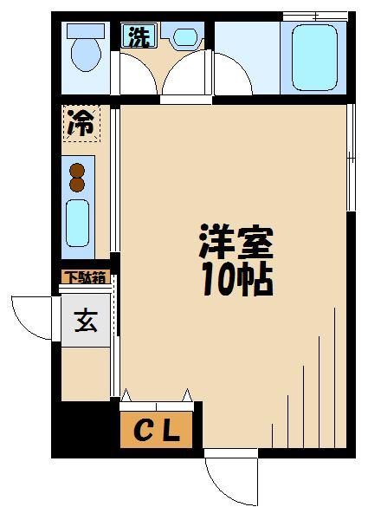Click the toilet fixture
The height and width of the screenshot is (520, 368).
click(85, 51)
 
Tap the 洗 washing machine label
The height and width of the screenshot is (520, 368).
click(137, 36)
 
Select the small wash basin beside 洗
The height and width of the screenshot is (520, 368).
click(184, 37)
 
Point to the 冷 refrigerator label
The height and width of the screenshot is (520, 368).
click(81, 123)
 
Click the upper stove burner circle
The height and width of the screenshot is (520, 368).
click(77, 170)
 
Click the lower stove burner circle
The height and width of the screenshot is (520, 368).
click(77, 185)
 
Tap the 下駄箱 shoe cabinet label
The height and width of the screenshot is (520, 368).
click(84, 278)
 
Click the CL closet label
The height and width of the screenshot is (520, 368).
click(158, 431)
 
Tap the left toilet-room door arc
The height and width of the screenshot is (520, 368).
click(136, 76)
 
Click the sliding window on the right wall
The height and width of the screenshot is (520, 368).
click(351, 157)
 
